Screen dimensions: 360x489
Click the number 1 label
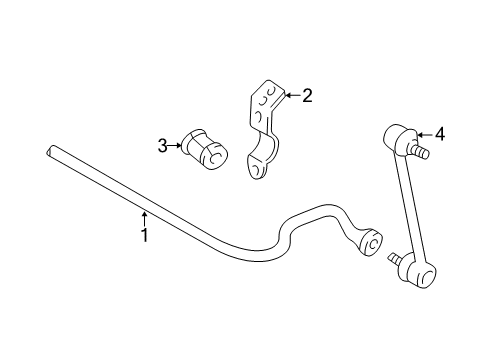(144, 236)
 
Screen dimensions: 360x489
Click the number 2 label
(307, 96)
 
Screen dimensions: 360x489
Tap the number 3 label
(163, 146)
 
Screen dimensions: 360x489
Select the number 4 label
(438, 133)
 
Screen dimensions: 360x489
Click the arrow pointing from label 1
(144, 217)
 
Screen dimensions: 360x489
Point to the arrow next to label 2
(291, 96)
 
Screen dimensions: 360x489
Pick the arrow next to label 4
(423, 133)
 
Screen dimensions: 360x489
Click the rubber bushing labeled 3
(204, 148)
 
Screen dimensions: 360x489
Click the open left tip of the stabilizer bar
(50, 152)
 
